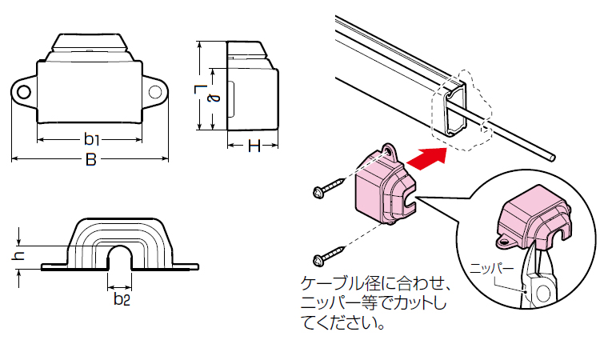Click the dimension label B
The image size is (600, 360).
pos(91,159)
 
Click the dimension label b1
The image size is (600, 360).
pos(91,139)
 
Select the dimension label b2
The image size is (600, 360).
pos(122,298)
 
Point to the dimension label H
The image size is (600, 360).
pos(254,146)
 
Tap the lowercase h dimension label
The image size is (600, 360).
pos(18,256)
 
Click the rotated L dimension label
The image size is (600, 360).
pos(201,90)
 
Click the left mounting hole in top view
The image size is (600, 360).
pos(24,93)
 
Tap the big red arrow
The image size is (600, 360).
pos(426,158)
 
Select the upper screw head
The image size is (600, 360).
pos(318,192)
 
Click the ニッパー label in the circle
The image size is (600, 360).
pos(492,269)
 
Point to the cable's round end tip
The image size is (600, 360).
pos(552,158)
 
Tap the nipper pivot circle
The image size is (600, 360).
pos(543,293)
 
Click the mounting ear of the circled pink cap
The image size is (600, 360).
pos(504,242)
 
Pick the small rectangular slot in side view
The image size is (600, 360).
pos(231,98)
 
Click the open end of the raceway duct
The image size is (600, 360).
pos(456,109)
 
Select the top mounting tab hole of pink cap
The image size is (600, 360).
pos(390,151)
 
